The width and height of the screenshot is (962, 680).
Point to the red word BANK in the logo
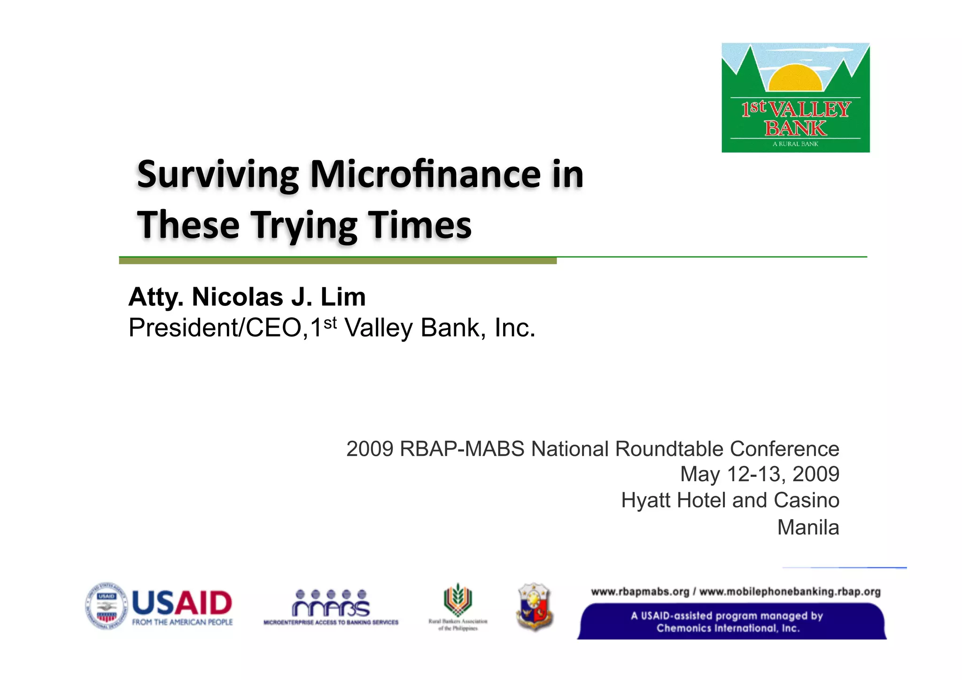pyautogui.click(x=795, y=128)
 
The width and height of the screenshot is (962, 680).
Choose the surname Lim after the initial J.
pyautogui.click(x=343, y=297)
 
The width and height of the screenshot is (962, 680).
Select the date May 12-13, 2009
pyautogui.click(x=759, y=474)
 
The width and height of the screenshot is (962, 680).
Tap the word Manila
pyautogui.click(x=808, y=527)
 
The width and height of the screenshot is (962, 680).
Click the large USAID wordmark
pyautogui.click(x=182, y=603)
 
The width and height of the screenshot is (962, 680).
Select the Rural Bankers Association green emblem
pyautogui.click(x=458, y=601)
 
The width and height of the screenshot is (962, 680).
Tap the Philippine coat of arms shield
pyautogui.click(x=534, y=607)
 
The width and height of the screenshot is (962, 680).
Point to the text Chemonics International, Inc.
pyautogui.click(x=728, y=628)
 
